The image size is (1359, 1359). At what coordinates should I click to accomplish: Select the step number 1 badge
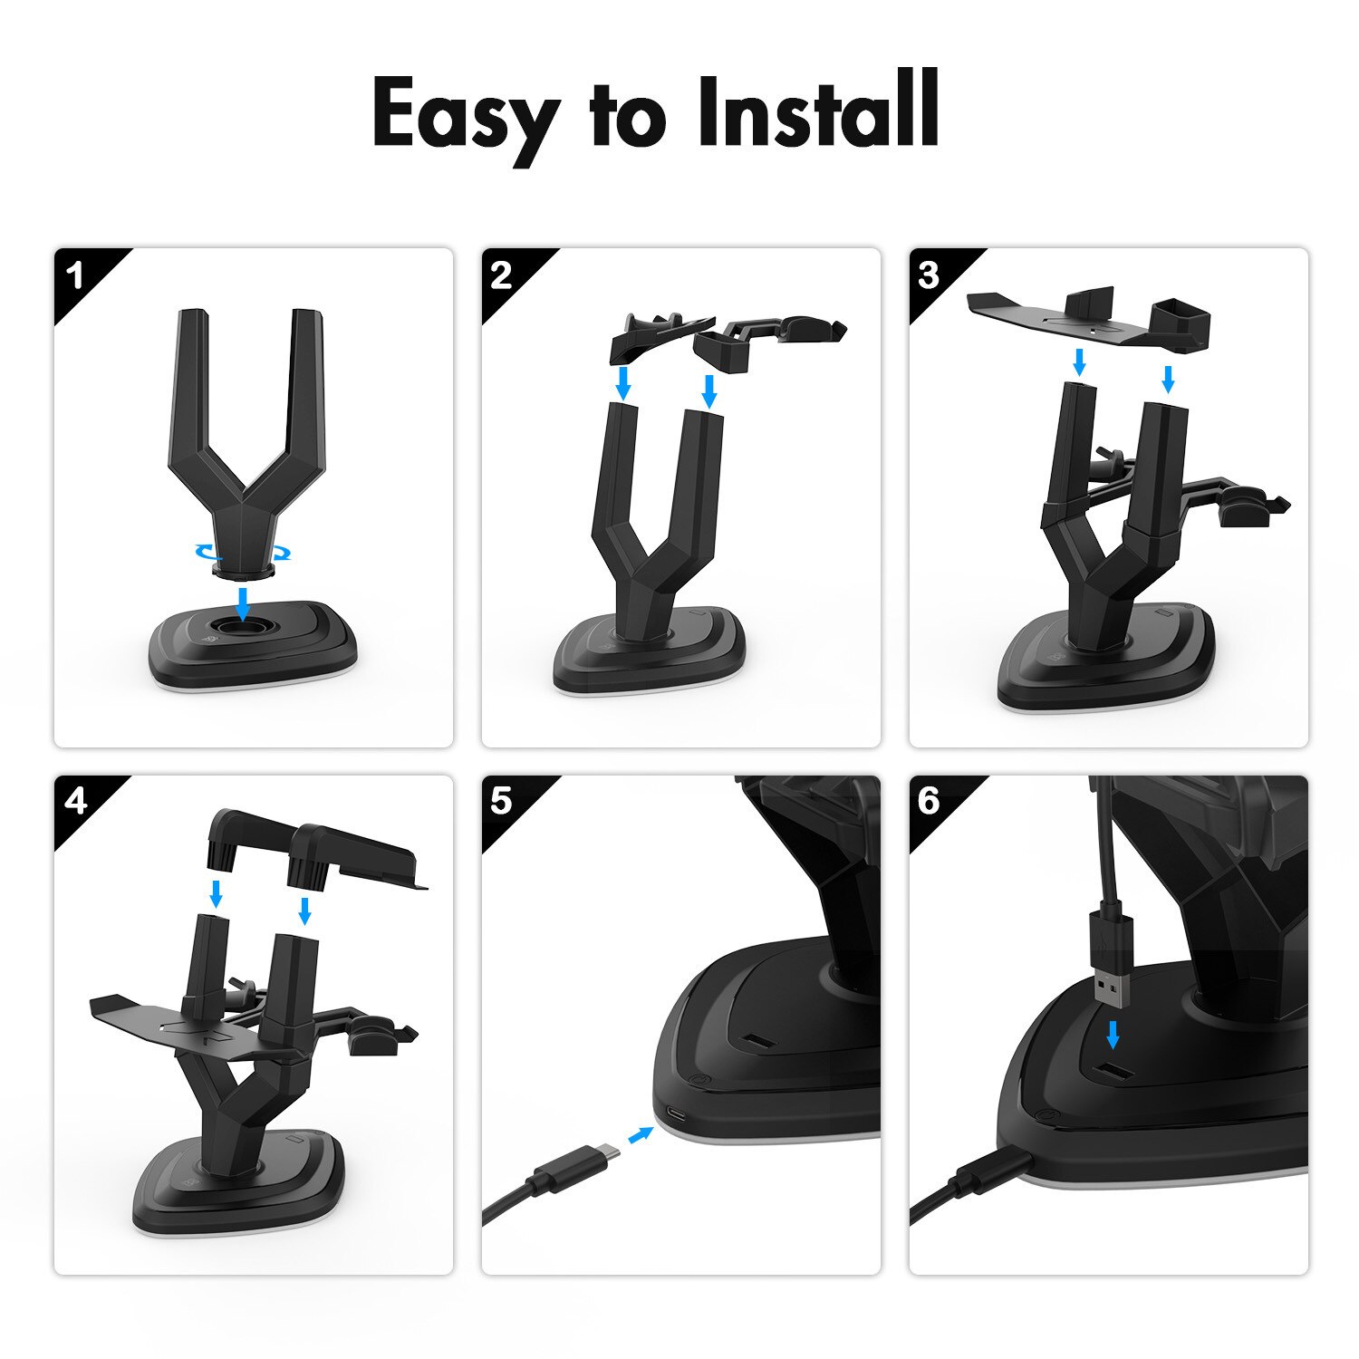click(x=76, y=275)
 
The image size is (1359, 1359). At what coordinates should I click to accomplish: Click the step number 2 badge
click(x=502, y=275)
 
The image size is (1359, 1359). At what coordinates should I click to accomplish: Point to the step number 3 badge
click(x=930, y=275)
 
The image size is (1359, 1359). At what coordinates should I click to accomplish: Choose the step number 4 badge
click(x=76, y=801)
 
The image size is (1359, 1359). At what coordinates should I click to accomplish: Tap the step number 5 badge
click(x=502, y=801)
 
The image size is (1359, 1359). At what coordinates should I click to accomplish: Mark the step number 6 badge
click(x=930, y=801)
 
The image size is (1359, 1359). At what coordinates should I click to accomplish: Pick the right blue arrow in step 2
click(x=709, y=390)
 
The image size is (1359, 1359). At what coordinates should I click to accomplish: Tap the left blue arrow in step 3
click(x=1078, y=362)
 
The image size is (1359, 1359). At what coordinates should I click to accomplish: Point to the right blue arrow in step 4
click(x=304, y=911)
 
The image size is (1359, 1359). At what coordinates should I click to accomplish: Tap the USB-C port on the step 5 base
click(x=676, y=1113)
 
